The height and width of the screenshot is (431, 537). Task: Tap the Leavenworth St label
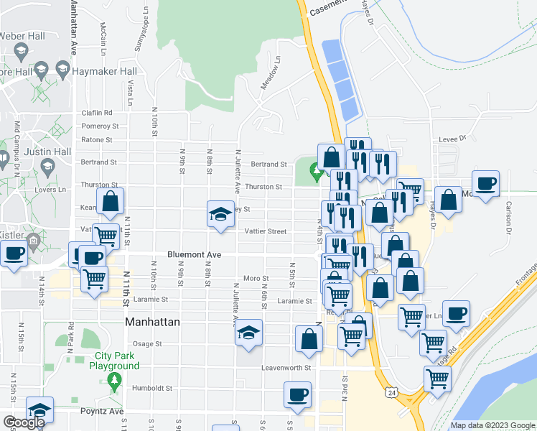(286, 367)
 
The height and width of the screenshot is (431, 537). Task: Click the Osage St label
(148, 344)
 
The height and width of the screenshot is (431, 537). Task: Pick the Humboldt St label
(152, 389)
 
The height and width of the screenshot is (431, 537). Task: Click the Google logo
(23, 422)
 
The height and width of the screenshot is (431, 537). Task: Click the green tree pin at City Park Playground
(113, 379)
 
